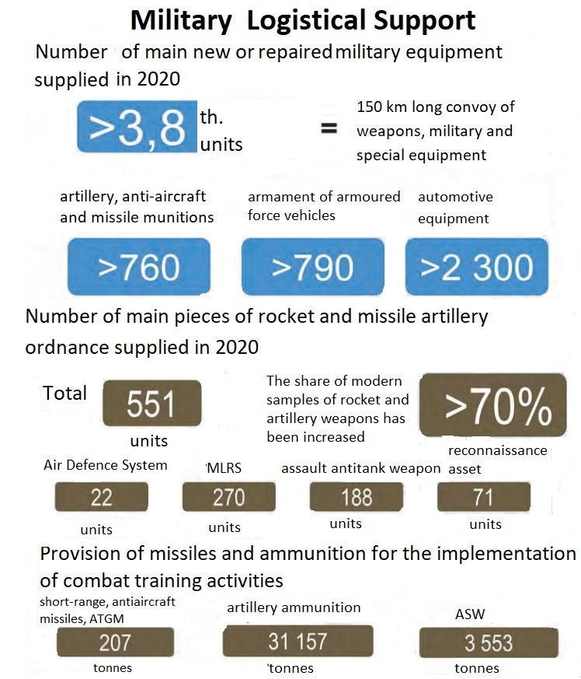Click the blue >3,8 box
[137, 127]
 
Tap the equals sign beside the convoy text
[329, 128]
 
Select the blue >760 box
[139, 266]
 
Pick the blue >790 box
[313, 266]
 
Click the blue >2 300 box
[477, 266]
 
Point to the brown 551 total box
[151, 403]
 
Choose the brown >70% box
[493, 405]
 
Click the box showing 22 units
[102, 497]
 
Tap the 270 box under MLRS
[229, 497]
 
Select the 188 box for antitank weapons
[357, 497]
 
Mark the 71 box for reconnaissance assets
[484, 497]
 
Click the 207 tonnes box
[115, 642]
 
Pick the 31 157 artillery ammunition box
[297, 641]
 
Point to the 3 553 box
[489, 643]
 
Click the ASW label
[470, 614]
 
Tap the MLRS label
[224, 468]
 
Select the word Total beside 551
[65, 394]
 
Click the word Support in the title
[424, 21]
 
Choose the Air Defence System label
[105, 465]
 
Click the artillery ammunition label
[294, 607]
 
